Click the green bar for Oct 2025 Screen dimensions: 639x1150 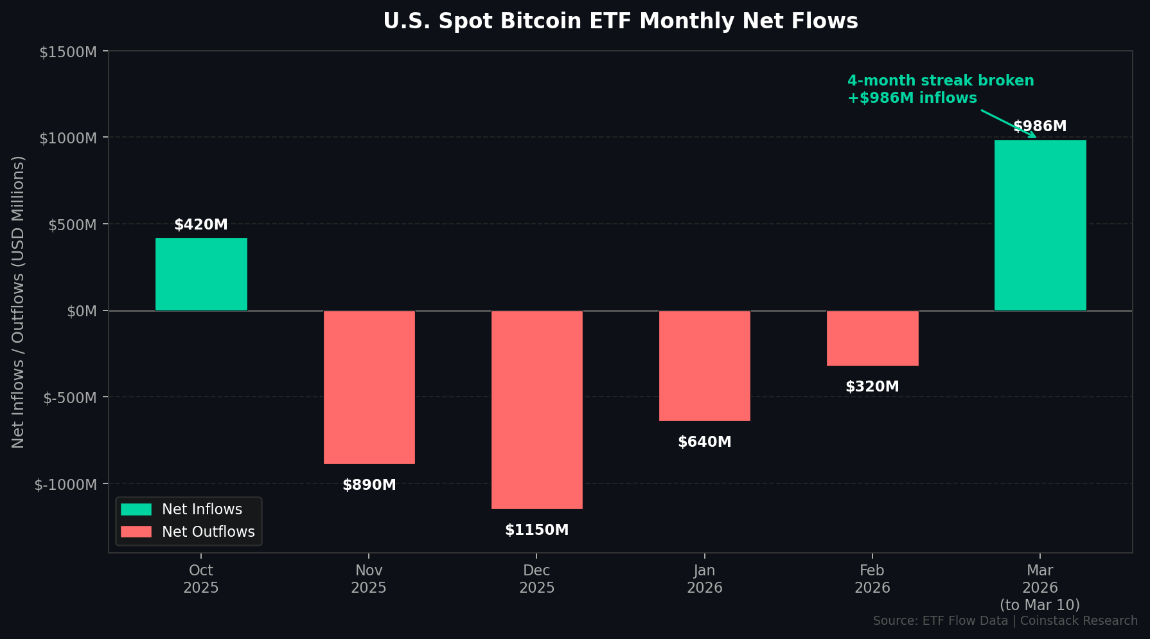pos(201,274)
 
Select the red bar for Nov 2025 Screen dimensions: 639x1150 pos(369,387)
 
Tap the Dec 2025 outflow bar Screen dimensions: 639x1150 pos(536,410)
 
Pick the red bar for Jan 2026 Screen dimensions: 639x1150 pos(704,366)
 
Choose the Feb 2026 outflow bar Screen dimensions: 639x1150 pos(872,338)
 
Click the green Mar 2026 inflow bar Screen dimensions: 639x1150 pos(1039,225)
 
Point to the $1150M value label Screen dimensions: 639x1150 pos(536,530)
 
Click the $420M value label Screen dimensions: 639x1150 pos(201,224)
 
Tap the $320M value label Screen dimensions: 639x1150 pos(872,386)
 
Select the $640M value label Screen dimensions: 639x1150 pos(704,442)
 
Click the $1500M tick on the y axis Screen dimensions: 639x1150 pos(68,52)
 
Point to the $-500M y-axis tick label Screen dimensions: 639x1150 pos(70,397)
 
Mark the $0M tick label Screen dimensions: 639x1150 pos(82,311)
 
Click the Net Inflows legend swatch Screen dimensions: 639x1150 pos(136,509)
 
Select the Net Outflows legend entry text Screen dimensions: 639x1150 pos(208,532)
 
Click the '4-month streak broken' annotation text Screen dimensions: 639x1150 pos(941,81)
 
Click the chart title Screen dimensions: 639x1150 pos(620,21)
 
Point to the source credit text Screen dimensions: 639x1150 pos(1005,620)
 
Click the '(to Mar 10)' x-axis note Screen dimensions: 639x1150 pos(1039,605)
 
